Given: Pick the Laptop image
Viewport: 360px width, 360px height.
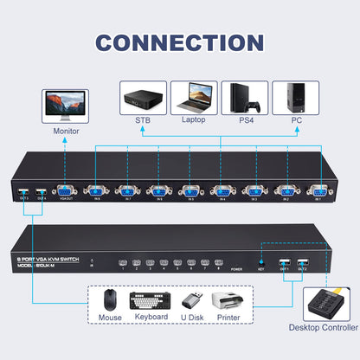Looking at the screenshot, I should click(x=194, y=96).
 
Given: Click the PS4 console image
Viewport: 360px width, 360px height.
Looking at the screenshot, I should click(x=244, y=96).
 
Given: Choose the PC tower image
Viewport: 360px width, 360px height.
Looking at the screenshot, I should click(x=295, y=96).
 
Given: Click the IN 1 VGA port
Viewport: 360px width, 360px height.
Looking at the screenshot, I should click(x=318, y=193).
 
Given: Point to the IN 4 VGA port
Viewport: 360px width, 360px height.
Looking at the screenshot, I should click(x=223, y=193).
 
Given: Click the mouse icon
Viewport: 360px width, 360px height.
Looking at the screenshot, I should click(x=110, y=301).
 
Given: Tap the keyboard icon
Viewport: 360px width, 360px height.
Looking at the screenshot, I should click(x=151, y=301).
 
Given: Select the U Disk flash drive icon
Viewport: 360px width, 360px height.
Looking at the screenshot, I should click(x=191, y=301).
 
